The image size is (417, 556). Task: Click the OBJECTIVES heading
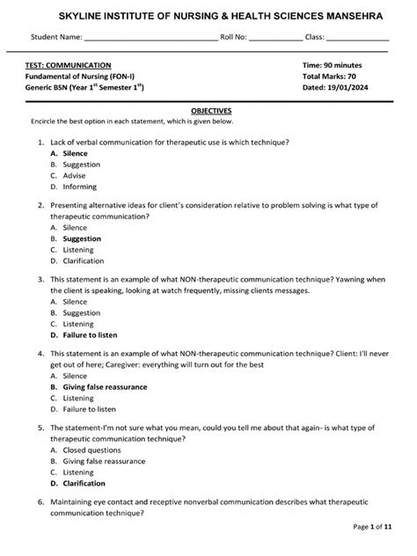point(211,111)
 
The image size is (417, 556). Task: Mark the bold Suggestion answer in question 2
point(82,238)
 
